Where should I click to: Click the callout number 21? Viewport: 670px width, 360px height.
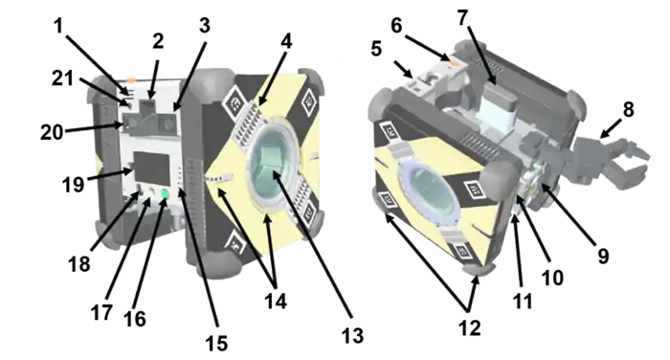62,79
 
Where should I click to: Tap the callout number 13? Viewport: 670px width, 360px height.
352,336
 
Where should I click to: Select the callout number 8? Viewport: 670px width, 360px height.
628,110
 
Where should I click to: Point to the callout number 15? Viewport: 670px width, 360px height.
216,344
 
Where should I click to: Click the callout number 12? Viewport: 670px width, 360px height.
470,328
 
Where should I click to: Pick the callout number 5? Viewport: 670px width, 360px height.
376,49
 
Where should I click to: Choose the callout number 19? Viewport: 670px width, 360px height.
73,185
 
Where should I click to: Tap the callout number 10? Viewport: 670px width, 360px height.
552,278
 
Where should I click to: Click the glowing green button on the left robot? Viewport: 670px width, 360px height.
164,194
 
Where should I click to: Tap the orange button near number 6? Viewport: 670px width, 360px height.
454,64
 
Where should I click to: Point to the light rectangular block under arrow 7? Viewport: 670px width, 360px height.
499,107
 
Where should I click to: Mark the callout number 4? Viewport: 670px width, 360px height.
286,41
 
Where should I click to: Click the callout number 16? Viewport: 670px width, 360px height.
135,319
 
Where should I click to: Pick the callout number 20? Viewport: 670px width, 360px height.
52,132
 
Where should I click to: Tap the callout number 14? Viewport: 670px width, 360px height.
276,302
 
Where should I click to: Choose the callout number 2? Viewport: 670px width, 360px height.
158,41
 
